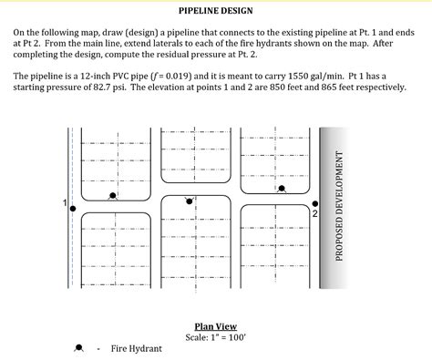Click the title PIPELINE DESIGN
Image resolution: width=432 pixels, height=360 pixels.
point(215,12)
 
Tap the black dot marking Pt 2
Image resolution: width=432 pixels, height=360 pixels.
point(315,203)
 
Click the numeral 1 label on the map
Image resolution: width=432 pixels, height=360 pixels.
point(63,201)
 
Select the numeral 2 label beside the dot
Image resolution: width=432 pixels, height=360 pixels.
point(314,214)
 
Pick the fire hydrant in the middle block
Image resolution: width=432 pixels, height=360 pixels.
point(190,201)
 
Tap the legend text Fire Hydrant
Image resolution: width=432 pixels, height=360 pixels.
point(137,349)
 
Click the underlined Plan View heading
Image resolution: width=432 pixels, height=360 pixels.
point(215,326)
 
